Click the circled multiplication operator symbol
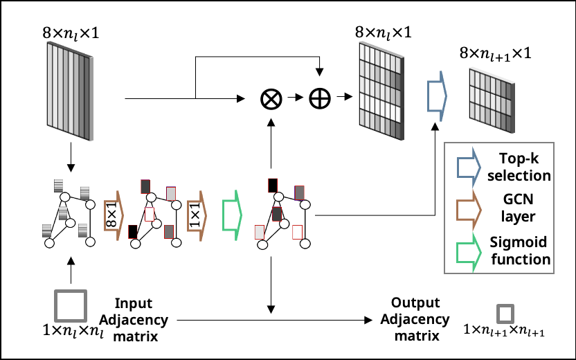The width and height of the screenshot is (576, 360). click(x=271, y=98)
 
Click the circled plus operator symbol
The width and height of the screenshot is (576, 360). click(x=320, y=98)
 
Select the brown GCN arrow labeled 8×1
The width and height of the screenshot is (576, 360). click(x=114, y=215)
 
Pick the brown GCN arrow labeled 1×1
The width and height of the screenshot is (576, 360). click(x=197, y=215)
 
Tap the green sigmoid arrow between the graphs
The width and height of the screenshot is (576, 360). click(x=232, y=215)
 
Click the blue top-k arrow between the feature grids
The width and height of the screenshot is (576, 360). click(x=437, y=96)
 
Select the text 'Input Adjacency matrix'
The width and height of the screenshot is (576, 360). click(x=134, y=320)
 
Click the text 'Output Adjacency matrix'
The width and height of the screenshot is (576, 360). click(x=415, y=319)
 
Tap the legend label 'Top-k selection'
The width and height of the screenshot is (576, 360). click(x=519, y=167)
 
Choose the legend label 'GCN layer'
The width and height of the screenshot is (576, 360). click(x=518, y=208)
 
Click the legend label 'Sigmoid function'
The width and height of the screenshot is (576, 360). click(x=520, y=251)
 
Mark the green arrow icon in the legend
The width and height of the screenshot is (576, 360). click(x=469, y=252)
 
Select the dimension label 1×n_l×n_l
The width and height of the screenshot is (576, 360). click(x=73, y=332)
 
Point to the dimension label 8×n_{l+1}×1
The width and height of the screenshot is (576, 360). click(x=495, y=55)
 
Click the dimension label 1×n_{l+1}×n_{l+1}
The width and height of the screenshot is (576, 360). click(x=504, y=332)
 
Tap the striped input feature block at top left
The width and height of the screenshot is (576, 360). click(x=70, y=91)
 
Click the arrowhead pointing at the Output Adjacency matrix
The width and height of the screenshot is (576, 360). click(x=368, y=320)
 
